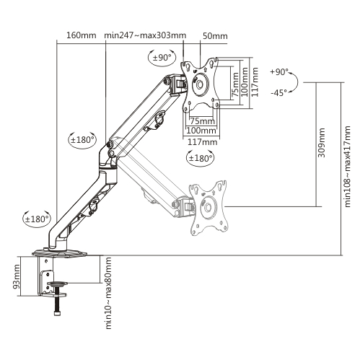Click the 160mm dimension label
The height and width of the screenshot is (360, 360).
pos(81,35)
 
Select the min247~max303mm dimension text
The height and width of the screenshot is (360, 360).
pos(145,35)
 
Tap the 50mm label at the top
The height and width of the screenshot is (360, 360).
pos(215,36)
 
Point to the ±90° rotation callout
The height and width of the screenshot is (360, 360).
pos(162,58)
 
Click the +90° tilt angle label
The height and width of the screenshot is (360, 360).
pos(279,72)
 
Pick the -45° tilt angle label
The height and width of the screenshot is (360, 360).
pos(279,92)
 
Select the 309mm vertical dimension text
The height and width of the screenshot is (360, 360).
pos(321,143)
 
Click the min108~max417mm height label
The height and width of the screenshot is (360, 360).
pos(347,166)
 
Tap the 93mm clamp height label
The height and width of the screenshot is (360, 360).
pos(17,277)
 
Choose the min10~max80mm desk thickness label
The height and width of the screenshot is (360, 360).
pos(108,293)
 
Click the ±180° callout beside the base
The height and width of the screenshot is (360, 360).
pos(37,219)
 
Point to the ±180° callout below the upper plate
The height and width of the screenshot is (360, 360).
pos(201,158)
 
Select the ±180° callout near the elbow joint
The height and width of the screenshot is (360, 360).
pos(82,140)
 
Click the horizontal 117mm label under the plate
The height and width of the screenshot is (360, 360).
pos(202,142)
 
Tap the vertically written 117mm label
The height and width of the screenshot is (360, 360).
pos(255,82)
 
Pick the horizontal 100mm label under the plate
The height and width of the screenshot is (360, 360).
pos(201,131)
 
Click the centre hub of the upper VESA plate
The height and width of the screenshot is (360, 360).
pos(200,84)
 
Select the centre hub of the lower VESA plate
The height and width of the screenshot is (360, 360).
pos(208,207)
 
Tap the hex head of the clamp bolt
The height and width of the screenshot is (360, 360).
pos(57,313)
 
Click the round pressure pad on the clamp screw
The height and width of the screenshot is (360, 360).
pos(57,284)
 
